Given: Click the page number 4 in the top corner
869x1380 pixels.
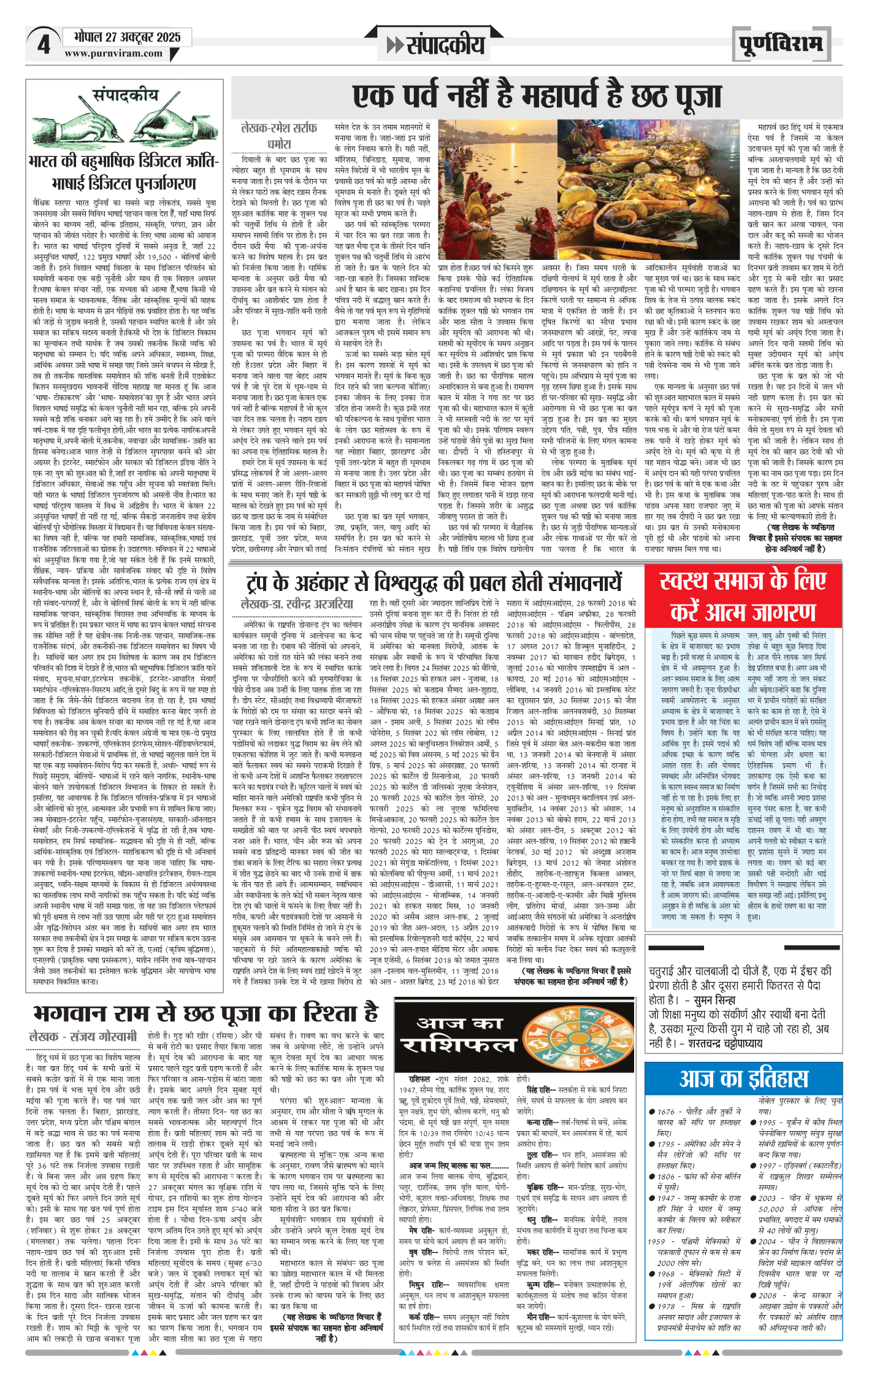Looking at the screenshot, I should click(x=43, y=44).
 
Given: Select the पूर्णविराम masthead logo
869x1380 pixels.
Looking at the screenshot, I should click(x=780, y=44).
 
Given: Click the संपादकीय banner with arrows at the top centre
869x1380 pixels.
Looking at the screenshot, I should click(x=435, y=44).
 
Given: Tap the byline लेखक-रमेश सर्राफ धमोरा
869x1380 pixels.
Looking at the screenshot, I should click(x=279, y=135).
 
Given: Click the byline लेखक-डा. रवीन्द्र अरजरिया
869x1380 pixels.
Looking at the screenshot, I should click(x=297, y=604).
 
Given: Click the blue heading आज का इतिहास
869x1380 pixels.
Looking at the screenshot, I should click(x=743, y=1078).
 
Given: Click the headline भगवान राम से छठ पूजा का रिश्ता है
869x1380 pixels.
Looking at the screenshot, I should click(x=205, y=1013).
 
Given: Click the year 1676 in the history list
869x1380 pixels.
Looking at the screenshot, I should click(x=666, y=1111).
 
